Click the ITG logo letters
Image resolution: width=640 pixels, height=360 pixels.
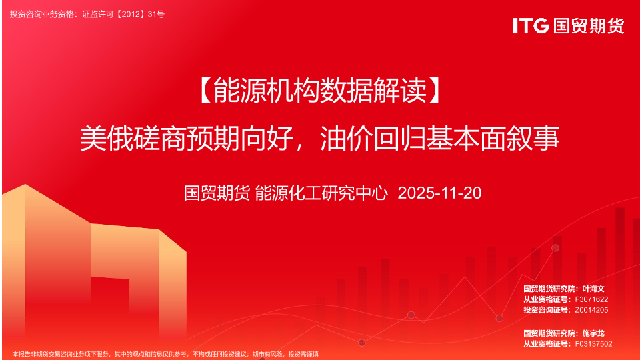(531, 26)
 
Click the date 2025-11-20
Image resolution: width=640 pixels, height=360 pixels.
(439, 193)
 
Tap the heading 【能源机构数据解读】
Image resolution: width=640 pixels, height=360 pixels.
(320, 90)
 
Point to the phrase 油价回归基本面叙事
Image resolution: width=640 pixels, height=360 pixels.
(439, 139)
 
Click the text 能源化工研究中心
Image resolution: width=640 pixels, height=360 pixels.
(321, 193)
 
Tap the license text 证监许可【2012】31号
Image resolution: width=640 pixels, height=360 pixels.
(123, 14)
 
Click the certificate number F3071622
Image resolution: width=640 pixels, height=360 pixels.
(591, 299)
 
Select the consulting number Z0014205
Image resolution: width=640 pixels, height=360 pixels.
(591, 310)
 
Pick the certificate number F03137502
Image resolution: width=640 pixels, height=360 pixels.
(593, 344)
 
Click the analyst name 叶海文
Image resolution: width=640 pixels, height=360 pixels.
(593, 289)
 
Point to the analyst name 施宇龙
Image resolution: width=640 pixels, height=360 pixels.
(593, 333)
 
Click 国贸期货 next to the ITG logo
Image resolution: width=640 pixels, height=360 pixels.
(589, 26)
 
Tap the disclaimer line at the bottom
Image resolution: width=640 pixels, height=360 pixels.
(165, 354)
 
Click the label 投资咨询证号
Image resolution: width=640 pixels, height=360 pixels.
(546, 310)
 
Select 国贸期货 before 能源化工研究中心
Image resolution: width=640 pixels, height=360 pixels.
(217, 193)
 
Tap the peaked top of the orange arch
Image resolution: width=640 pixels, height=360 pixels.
(25, 185)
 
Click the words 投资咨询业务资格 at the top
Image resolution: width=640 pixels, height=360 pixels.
(42, 14)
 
